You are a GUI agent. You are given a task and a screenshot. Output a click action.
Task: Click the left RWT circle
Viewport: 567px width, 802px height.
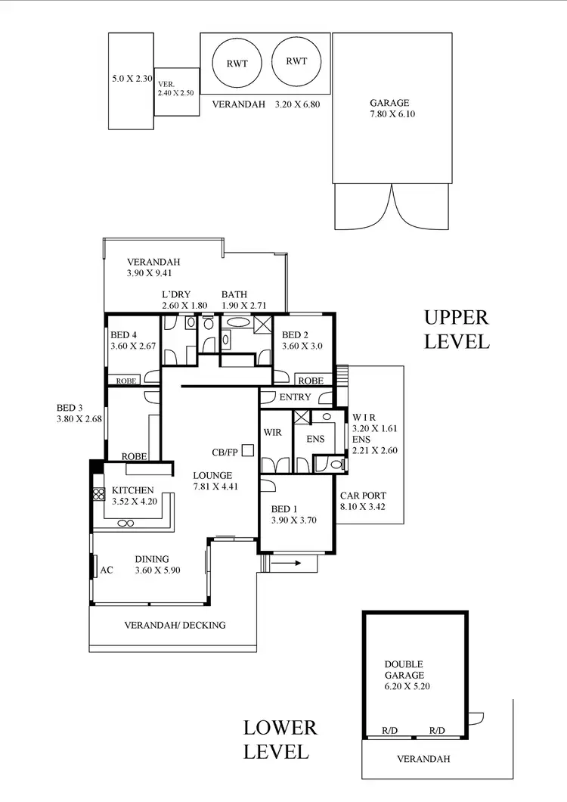tap(233, 63)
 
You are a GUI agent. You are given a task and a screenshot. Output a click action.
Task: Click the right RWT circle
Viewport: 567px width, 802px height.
tap(296, 61)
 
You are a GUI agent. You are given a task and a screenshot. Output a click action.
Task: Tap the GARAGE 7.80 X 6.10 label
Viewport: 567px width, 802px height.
tap(389, 109)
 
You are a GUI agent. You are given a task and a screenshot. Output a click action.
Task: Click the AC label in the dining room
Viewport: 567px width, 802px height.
tap(107, 570)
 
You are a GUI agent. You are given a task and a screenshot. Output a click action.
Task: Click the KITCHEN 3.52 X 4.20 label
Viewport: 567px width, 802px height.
tap(133, 496)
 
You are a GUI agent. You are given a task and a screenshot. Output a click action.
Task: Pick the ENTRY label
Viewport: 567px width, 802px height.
tap(295, 397)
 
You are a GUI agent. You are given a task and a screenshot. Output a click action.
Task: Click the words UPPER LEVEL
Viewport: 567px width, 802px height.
tap(457, 329)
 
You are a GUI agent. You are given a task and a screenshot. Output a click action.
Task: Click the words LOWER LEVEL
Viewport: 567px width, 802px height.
tap(280, 740)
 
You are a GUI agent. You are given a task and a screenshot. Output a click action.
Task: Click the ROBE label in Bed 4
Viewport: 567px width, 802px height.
tap(126, 381)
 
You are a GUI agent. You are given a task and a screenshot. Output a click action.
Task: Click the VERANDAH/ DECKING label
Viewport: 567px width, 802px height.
tap(175, 625)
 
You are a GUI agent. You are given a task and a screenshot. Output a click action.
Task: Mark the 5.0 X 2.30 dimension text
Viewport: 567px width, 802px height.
tap(133, 78)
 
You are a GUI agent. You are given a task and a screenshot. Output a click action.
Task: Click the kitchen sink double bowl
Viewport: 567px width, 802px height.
tap(125, 523)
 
